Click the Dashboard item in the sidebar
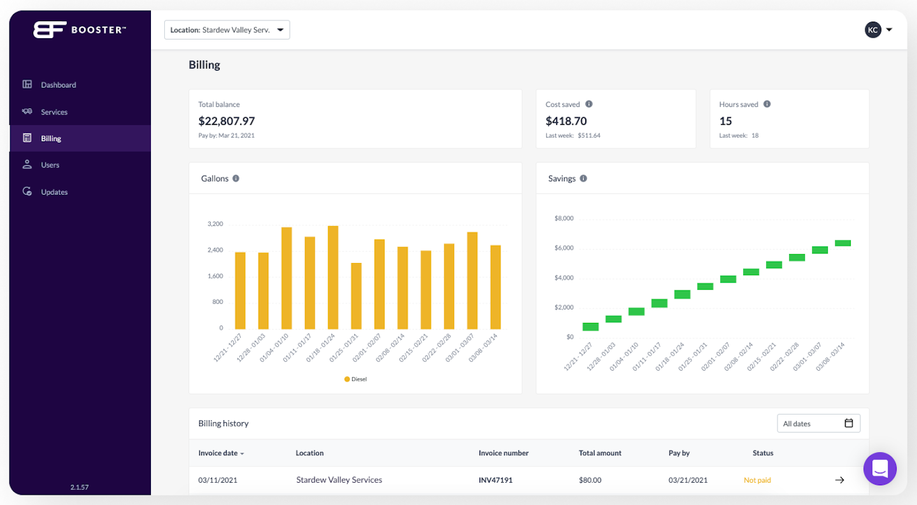(x=58, y=85)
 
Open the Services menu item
(x=54, y=112)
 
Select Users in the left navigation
(x=50, y=165)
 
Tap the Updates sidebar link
(x=54, y=192)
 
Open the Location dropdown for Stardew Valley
(x=227, y=30)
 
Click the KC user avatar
(x=872, y=30)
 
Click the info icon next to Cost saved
(x=589, y=104)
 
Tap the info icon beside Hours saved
(x=767, y=104)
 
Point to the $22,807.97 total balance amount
(x=227, y=121)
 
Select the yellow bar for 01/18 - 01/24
(x=332, y=277)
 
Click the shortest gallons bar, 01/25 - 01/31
(x=356, y=295)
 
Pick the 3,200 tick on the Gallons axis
(x=215, y=224)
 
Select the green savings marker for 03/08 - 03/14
(x=842, y=243)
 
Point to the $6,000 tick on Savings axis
(x=564, y=248)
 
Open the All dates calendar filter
(x=818, y=423)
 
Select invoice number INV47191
(x=495, y=480)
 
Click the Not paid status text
(x=757, y=480)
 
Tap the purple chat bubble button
(x=879, y=469)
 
